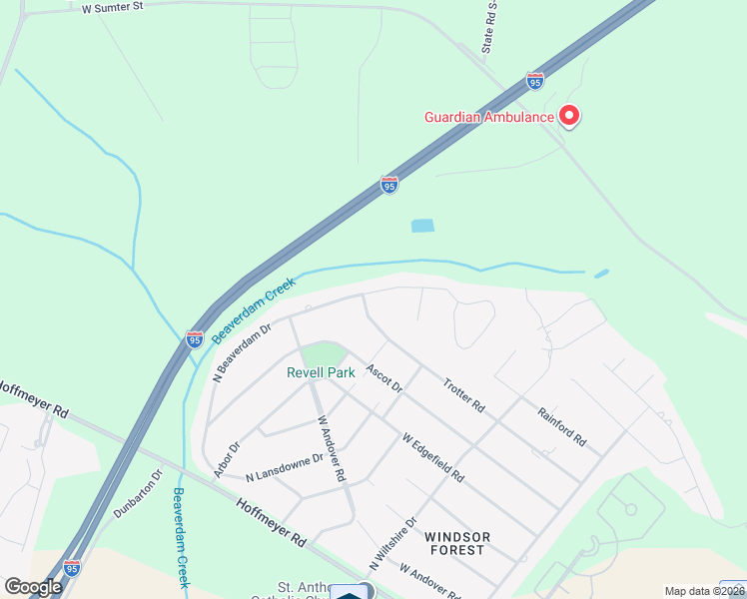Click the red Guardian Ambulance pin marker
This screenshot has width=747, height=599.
pos(569,116)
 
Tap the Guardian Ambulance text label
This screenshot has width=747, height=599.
pos(489,117)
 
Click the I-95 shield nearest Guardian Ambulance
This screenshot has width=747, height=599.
pos(535,80)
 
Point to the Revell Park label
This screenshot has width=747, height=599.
pos(321,373)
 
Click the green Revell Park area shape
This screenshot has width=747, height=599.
pos(324,353)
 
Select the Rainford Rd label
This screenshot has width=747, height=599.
pos(561,426)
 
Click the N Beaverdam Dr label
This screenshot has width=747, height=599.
pos(243,351)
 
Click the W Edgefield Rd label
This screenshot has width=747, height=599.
pos(432,457)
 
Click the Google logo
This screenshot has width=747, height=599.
pos(32,587)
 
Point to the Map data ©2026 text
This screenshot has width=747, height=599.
pos(704,591)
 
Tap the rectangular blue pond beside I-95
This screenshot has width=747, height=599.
pos(422,226)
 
